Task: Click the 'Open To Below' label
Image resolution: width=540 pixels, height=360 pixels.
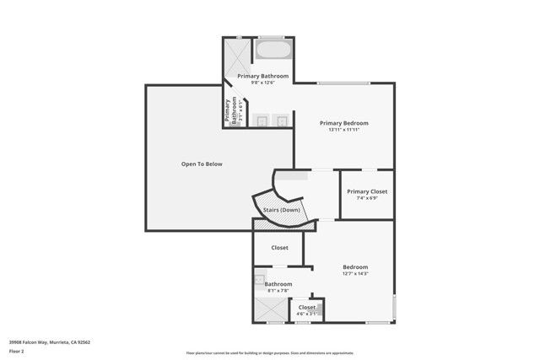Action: point(202,164)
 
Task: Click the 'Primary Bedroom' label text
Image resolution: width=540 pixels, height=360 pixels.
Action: point(344,123)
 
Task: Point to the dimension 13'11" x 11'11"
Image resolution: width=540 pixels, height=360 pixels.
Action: point(344,130)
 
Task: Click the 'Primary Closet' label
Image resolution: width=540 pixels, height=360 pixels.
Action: point(367,191)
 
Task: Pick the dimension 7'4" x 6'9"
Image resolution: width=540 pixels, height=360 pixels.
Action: point(367,198)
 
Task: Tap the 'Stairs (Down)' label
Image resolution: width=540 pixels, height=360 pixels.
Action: point(281,210)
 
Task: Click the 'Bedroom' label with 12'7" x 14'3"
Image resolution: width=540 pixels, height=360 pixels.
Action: point(356,266)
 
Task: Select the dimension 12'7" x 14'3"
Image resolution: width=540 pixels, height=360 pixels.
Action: point(356,273)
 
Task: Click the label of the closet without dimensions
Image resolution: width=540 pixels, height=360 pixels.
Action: point(280,248)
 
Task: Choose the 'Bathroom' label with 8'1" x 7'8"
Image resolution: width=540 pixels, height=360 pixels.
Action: point(278,284)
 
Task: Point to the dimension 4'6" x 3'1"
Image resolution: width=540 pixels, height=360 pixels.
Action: point(307,314)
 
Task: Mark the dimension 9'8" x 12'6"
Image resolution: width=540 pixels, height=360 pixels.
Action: point(263,83)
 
